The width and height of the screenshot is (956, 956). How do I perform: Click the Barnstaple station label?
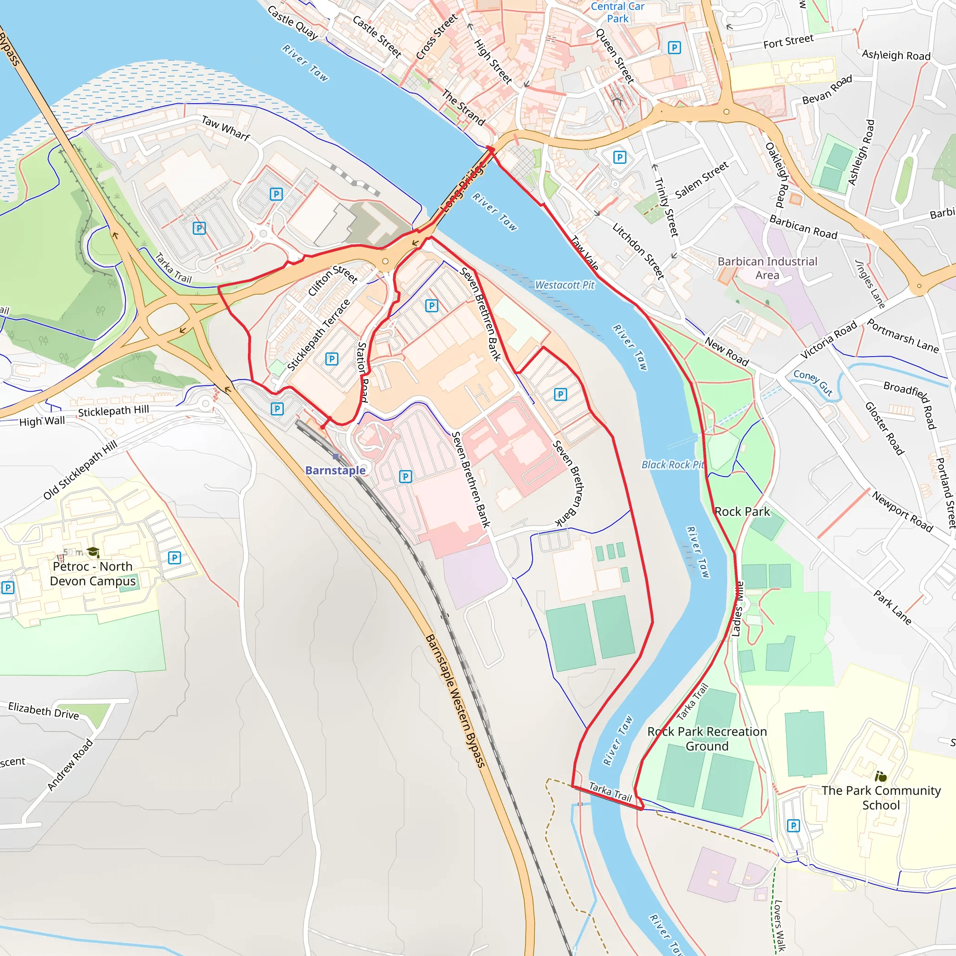(335, 470)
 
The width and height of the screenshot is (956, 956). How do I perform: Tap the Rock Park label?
(742, 512)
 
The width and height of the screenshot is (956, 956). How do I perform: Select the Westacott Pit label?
(565, 285)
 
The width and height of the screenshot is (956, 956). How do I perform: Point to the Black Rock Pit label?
(673, 464)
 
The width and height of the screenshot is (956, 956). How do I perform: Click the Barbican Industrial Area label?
(767, 268)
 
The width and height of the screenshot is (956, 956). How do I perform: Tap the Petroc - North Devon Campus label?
(92, 574)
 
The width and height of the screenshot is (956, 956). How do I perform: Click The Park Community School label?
(881, 798)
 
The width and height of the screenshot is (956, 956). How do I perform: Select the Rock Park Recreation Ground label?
(707, 739)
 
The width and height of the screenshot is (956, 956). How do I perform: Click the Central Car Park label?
(618, 13)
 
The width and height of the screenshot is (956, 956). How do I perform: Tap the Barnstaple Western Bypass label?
(455, 701)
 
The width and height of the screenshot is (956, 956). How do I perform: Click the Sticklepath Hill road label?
(113, 411)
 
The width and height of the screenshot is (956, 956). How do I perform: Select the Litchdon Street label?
(638, 251)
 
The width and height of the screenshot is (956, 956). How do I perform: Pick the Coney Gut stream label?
(813, 382)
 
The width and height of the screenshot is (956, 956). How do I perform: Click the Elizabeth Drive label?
(43, 710)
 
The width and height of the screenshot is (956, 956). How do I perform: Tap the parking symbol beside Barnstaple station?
(277, 409)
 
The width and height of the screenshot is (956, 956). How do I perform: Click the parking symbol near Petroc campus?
(174, 558)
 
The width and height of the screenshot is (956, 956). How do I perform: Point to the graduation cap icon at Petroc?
(93, 552)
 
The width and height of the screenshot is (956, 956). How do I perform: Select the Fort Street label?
(788, 42)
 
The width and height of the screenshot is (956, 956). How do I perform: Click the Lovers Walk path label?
(778, 925)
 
